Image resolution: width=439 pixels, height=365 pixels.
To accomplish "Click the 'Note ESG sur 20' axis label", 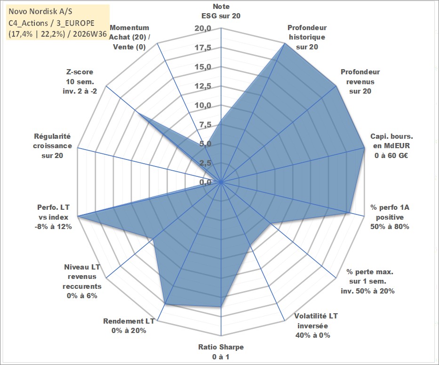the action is pyautogui.click(x=221, y=11).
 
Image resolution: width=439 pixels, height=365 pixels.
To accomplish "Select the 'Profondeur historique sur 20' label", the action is pyautogui.click(x=307, y=37).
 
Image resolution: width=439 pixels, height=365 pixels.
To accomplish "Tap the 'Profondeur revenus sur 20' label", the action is pyautogui.click(x=360, y=81).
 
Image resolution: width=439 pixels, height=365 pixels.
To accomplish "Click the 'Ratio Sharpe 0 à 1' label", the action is pyautogui.click(x=221, y=352).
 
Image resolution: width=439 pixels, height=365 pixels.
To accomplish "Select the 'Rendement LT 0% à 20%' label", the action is pyautogui.click(x=129, y=326).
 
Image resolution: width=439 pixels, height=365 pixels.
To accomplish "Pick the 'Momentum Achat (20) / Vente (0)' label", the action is pyautogui.click(x=129, y=37).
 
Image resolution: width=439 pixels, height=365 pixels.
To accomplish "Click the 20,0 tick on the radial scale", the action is pyautogui.click(x=203, y=29).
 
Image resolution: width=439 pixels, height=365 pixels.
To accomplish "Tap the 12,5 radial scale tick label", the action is pyautogui.click(x=203, y=86).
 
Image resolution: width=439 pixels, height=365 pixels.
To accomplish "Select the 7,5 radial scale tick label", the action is pyautogui.click(x=205, y=125).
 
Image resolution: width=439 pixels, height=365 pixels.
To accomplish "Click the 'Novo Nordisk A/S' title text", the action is pyautogui.click(x=40, y=11).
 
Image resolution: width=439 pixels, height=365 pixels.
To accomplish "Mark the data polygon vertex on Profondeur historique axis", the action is pyautogui.click(x=285, y=43).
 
